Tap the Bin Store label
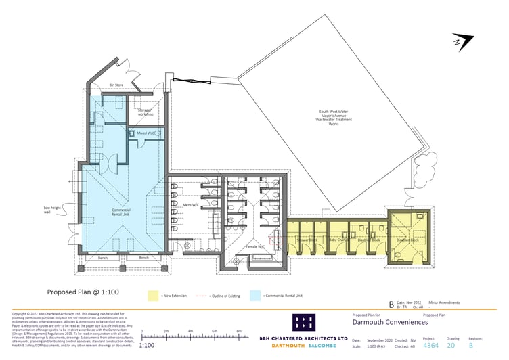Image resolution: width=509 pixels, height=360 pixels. point(116,85)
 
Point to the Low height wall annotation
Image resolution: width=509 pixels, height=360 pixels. point(52,210)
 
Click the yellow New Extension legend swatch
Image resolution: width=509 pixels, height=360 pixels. point(153,296)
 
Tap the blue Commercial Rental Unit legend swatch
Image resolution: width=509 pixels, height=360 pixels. point(255,296)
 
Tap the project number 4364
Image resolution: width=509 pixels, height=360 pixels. point(430,345)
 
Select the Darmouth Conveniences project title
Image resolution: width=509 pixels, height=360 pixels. point(390,323)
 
